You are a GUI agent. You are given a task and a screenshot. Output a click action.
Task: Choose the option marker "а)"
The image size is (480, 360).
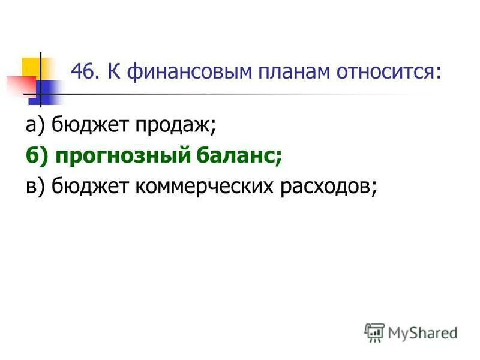(x=35, y=125)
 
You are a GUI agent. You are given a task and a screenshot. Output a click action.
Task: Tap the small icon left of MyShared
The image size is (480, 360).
(x=374, y=332)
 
